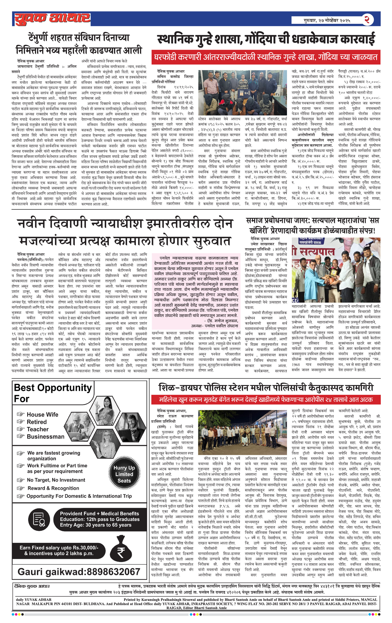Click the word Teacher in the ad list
coord(38,429)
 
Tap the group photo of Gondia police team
coord(242,93)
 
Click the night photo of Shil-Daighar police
coord(242,432)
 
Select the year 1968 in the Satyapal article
coord(296,365)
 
